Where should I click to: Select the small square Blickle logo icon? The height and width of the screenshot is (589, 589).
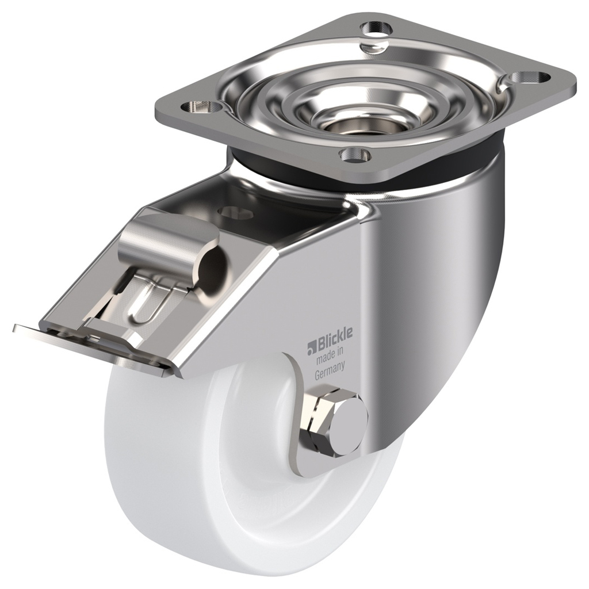(x=311, y=346)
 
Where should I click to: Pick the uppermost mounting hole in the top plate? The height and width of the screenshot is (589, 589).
(x=376, y=26)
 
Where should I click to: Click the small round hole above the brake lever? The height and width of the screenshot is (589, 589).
(x=236, y=212)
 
